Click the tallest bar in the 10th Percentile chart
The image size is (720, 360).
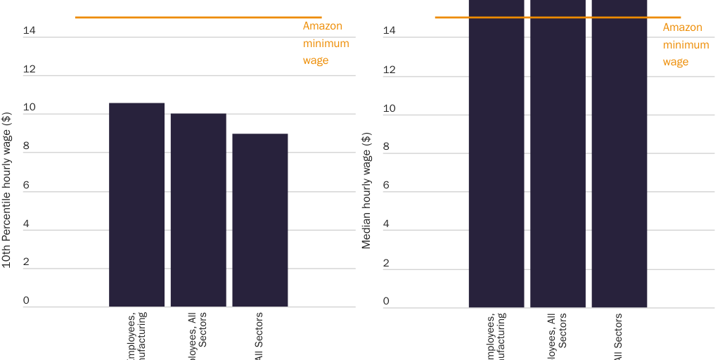(136, 205)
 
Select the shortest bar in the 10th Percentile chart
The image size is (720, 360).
(259, 219)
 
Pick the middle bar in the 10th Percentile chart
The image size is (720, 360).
(198, 210)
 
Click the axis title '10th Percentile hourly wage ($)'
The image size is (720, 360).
(6, 190)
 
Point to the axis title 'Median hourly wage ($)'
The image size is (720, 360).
(366, 190)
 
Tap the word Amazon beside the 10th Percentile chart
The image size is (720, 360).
(322, 26)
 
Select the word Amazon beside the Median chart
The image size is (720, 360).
(682, 27)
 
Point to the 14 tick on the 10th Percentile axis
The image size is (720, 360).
(29, 30)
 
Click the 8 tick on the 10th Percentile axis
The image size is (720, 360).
(26, 146)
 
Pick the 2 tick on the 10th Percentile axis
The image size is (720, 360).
(26, 262)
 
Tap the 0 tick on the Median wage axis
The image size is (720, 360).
(386, 301)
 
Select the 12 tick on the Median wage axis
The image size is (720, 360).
(389, 70)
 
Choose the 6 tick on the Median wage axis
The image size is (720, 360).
(386, 185)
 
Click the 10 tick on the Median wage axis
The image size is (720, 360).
(389, 108)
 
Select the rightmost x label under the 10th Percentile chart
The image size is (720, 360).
(259, 336)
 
